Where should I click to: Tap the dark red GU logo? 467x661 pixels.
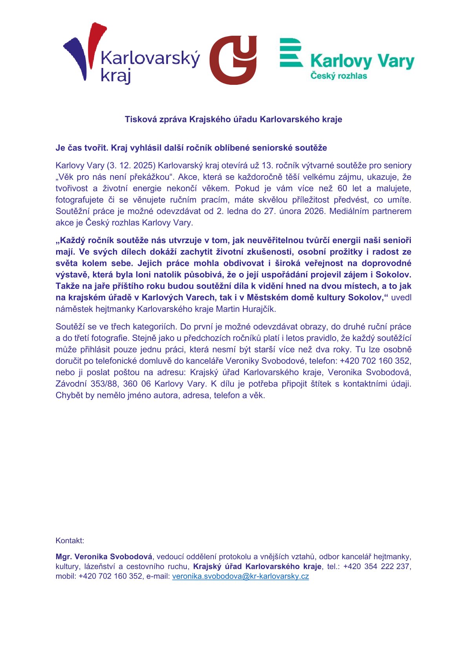click(x=233, y=60)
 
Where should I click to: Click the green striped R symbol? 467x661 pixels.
click(x=291, y=52)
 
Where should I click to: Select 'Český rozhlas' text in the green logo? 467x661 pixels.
click(x=339, y=75)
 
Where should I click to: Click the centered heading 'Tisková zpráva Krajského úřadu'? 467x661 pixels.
click(x=233, y=119)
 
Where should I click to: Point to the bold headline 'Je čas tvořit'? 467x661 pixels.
click(x=82, y=148)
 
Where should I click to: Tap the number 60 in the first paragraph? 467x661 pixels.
click(x=342, y=189)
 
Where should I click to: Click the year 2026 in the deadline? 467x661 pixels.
click(x=314, y=211)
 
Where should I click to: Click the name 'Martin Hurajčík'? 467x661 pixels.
click(x=247, y=309)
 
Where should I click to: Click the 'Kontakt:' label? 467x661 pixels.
click(x=70, y=541)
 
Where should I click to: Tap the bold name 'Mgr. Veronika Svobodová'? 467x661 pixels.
click(x=104, y=557)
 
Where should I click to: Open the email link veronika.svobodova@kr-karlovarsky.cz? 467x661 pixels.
click(x=240, y=577)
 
